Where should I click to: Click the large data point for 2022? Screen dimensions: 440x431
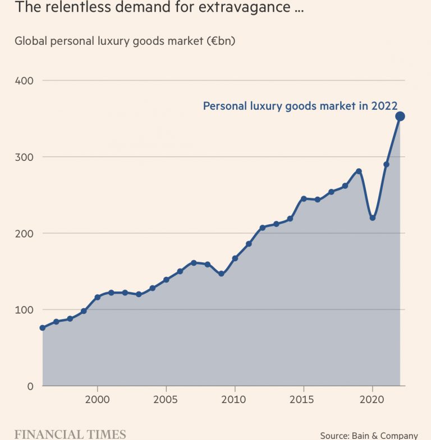tap(400, 117)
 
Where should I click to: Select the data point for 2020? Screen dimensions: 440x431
tap(373, 217)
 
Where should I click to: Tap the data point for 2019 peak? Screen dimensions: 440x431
tap(359, 171)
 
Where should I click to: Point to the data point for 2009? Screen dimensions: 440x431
tap(221, 274)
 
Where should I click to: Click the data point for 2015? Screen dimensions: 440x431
tap(304, 198)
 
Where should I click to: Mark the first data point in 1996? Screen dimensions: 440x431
tap(43, 327)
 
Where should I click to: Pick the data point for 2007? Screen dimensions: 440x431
tap(194, 262)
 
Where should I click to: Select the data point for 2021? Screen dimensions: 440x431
tap(386, 164)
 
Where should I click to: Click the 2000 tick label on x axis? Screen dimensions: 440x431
tap(98, 400)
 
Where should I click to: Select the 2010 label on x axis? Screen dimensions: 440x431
tap(235, 400)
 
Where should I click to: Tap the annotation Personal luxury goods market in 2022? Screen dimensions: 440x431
tap(300, 106)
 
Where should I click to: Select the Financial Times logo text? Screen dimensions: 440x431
tap(70, 434)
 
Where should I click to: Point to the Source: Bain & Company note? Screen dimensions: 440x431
tap(369, 436)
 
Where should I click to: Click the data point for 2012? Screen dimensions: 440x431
tap(262, 228)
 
